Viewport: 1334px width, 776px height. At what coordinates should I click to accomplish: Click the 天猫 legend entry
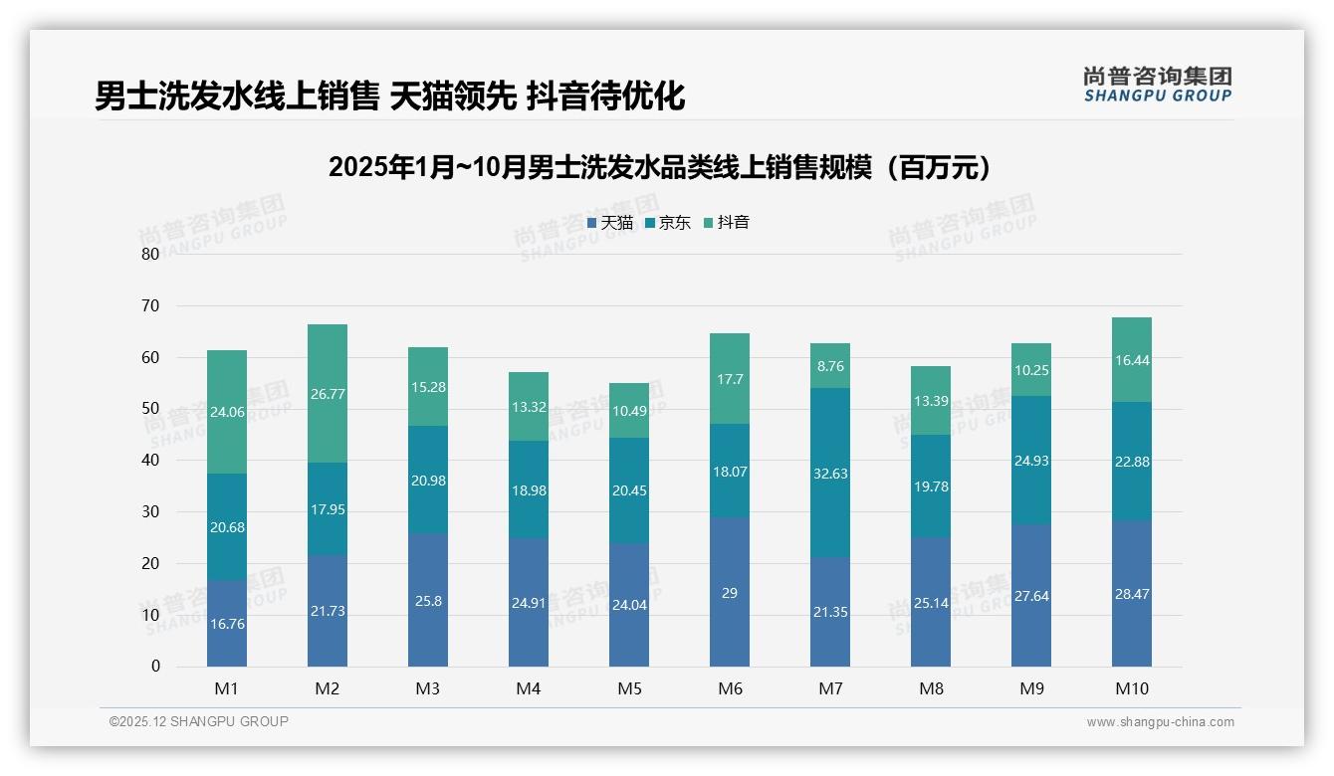pyautogui.click(x=609, y=223)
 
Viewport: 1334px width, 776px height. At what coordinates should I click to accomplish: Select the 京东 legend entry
pyautogui.click(x=667, y=223)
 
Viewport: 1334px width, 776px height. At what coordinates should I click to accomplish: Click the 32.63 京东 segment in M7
pyautogui.click(x=830, y=474)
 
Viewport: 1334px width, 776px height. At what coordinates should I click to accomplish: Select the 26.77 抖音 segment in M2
pyautogui.click(x=328, y=394)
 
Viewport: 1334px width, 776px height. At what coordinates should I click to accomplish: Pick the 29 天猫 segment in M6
pyautogui.click(x=730, y=592)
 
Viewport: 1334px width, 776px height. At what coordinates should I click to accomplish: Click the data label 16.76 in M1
pyautogui.click(x=227, y=624)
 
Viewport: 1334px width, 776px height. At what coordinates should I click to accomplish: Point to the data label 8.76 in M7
pyautogui.click(x=830, y=366)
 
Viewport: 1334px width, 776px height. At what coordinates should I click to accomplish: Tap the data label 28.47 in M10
pyautogui.click(x=1132, y=594)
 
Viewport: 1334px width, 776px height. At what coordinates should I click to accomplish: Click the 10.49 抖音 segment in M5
pyautogui.click(x=629, y=411)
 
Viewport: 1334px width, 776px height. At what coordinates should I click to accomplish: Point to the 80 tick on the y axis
pyautogui.click(x=150, y=254)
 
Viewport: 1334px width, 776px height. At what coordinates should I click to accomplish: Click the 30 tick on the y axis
pyautogui.click(x=150, y=511)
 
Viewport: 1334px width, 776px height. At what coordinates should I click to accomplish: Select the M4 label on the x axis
pyautogui.click(x=529, y=688)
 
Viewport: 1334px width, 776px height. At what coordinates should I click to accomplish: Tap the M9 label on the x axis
pyautogui.click(x=1031, y=688)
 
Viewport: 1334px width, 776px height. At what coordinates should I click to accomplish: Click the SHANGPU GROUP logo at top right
pyautogui.click(x=1157, y=85)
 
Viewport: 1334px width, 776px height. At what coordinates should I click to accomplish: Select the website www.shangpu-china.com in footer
pyautogui.click(x=1160, y=722)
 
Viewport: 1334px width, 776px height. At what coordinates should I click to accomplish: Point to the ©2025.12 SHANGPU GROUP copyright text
pyautogui.click(x=198, y=722)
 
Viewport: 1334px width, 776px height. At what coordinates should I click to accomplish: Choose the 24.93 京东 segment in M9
pyautogui.click(x=1031, y=461)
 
